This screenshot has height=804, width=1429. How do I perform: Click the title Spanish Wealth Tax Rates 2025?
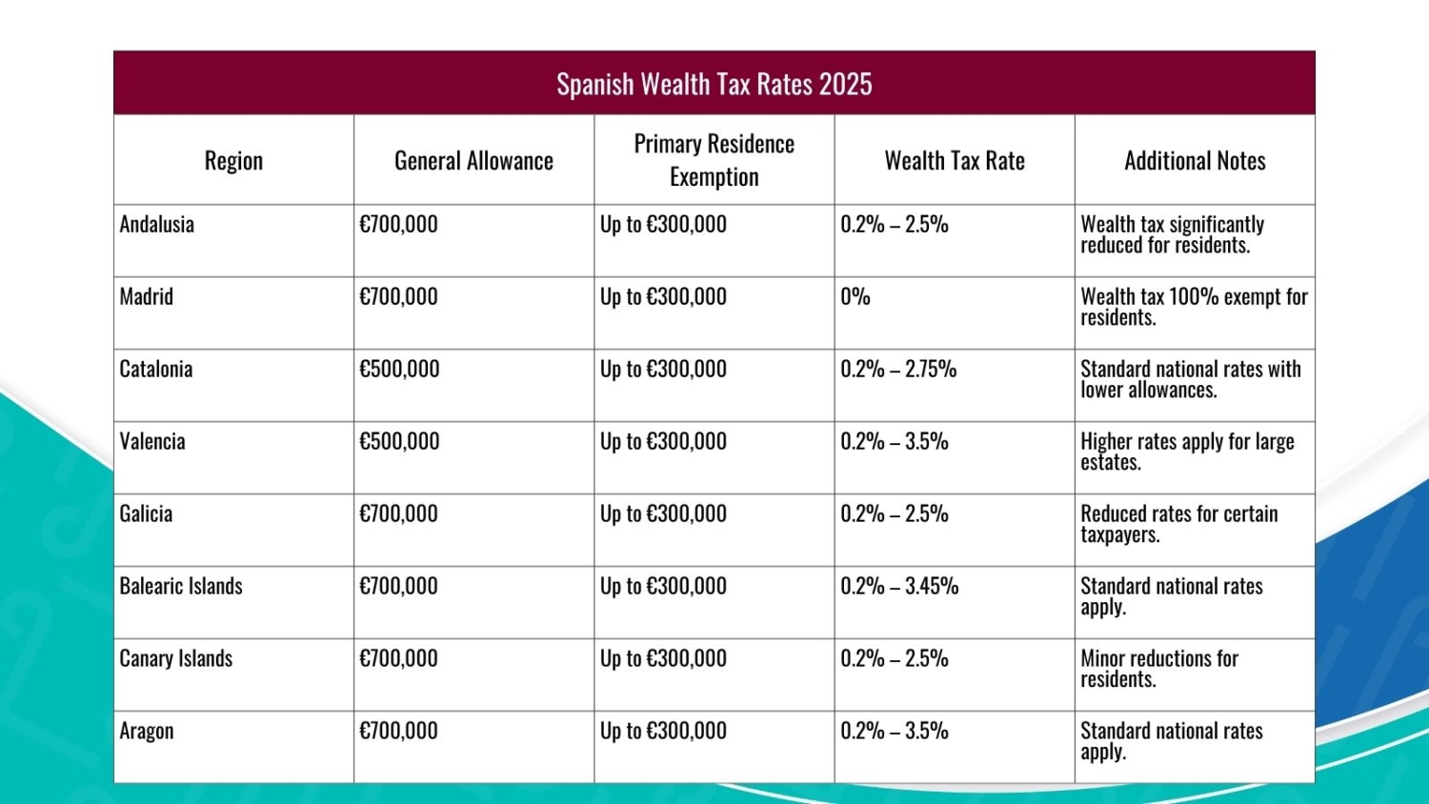pyautogui.click(x=714, y=84)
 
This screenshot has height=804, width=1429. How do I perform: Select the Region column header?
pyautogui.click(x=233, y=160)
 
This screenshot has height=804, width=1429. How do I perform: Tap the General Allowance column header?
pyautogui.click(x=473, y=160)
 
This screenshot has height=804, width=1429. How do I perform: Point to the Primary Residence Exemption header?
pyautogui.click(x=714, y=160)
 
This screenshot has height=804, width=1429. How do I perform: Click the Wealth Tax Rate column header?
pyautogui.click(x=955, y=160)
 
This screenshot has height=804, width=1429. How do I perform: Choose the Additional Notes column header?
pyautogui.click(x=1195, y=160)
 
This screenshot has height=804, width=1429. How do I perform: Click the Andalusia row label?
pyautogui.click(x=157, y=225)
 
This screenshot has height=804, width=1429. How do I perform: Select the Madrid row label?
pyautogui.click(x=147, y=297)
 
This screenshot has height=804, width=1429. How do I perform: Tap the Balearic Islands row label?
pyautogui.click(x=181, y=587)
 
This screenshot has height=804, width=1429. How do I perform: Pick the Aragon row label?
pyautogui.click(x=147, y=732)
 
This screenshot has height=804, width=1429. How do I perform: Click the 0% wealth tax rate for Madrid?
pyautogui.click(x=855, y=297)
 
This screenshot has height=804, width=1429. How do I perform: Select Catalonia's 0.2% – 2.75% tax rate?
pyautogui.click(x=898, y=370)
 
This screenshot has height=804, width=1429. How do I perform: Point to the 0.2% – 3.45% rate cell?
pyautogui.click(x=899, y=587)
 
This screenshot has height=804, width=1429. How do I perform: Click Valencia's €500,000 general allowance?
pyautogui.click(x=399, y=442)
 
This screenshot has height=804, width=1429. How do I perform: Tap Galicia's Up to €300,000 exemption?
pyautogui.click(x=663, y=514)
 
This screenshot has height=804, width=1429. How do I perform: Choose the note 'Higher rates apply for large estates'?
pyautogui.click(x=1187, y=452)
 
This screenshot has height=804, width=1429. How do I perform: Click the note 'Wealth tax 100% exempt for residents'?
pyautogui.click(x=1194, y=307)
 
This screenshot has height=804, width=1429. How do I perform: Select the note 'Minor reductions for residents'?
pyautogui.click(x=1159, y=669)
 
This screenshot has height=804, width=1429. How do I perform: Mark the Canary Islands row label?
pyautogui.click(x=176, y=659)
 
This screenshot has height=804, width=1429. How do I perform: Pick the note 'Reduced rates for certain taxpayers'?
pyautogui.click(x=1179, y=524)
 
